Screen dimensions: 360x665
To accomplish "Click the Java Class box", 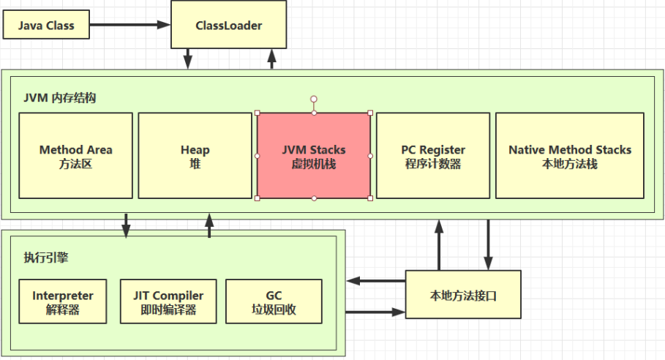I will (x=45, y=26).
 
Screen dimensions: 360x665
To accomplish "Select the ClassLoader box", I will (x=228, y=26).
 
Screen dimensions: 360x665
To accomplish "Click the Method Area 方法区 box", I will (x=76, y=156).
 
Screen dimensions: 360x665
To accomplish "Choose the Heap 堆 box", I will (x=195, y=156).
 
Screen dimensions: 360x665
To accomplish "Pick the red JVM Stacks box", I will (x=313, y=156).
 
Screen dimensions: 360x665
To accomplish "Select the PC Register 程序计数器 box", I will (x=432, y=156).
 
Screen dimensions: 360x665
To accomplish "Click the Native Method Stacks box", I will (x=569, y=156).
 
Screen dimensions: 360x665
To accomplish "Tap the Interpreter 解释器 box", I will (x=63, y=301).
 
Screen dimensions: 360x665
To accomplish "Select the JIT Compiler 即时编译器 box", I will (x=168, y=301).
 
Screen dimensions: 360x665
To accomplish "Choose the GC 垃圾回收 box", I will (x=274, y=301).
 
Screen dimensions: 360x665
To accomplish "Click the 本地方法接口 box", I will (x=464, y=296).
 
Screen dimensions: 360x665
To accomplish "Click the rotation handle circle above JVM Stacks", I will (x=313, y=98).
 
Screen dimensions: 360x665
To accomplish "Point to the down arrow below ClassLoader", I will (x=188, y=59).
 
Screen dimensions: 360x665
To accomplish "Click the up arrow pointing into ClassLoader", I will (x=272, y=59).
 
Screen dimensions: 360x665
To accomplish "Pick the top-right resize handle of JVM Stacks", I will (x=370, y=113).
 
